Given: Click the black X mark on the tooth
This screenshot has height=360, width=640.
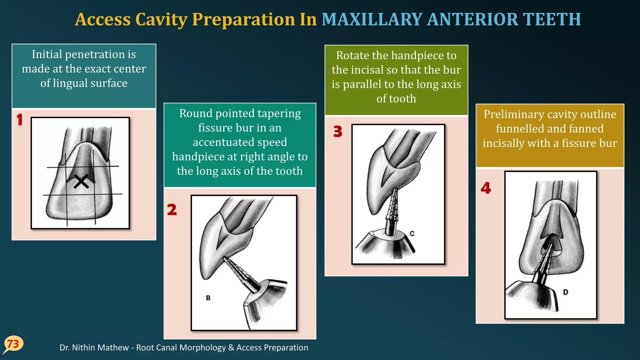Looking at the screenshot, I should (81, 182).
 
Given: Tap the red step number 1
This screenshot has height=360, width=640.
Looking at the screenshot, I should (20, 120).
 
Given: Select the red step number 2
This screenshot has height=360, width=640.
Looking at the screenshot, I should (172, 210).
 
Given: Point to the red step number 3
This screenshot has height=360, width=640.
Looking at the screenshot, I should (337, 132).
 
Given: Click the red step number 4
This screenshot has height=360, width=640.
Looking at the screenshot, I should (486, 188).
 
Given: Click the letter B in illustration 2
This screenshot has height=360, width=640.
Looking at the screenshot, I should (208, 298).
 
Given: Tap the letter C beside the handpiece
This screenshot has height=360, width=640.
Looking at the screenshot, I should (412, 233).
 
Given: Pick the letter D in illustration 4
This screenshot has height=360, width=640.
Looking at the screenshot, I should (565, 292).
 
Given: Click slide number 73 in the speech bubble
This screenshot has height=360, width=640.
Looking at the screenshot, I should (13, 344).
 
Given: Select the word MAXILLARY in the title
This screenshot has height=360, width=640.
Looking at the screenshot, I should (372, 19).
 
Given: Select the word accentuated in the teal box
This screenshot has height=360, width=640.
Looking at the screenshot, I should (240, 142).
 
